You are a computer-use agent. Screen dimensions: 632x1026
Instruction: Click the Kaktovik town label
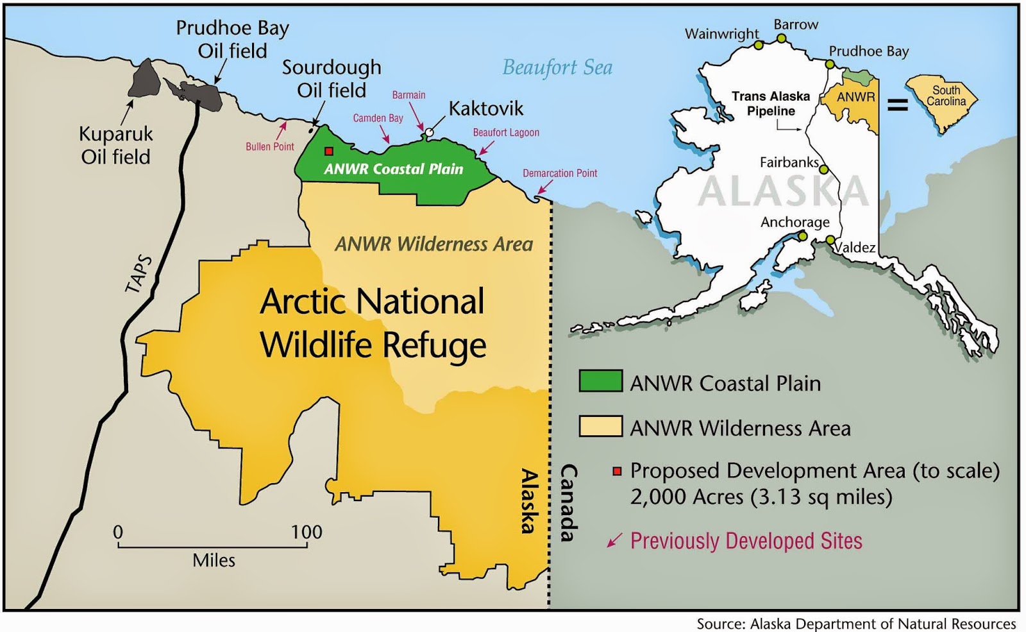[x=485, y=108]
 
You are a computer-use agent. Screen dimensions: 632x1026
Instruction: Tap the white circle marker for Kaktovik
[x=429, y=133]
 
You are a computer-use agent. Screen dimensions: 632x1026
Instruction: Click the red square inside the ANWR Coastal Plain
[x=329, y=151]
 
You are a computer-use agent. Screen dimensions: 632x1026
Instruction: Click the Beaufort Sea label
[x=557, y=67]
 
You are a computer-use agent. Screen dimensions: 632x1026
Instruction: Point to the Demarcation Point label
[x=559, y=173]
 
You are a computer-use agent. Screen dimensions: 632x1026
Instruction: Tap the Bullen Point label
[x=269, y=147]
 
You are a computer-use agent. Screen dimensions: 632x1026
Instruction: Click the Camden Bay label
[x=378, y=118]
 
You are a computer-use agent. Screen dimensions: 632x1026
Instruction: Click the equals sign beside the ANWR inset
[x=897, y=103]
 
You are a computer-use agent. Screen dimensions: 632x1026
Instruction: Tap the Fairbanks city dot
[x=823, y=170]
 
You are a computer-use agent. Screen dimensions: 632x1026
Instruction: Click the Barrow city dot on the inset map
[x=781, y=38]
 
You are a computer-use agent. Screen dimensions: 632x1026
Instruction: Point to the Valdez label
[x=855, y=248]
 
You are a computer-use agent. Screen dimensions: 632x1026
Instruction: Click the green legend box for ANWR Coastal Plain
[x=600, y=381]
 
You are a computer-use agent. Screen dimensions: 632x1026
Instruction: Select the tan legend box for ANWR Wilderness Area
[x=600, y=426]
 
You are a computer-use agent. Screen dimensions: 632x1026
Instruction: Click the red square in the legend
[x=617, y=472]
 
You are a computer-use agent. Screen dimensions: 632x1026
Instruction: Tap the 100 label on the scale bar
[x=307, y=532]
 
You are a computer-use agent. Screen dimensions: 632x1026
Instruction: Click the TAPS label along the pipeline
[x=139, y=274]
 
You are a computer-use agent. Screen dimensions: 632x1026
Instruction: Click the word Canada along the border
[x=569, y=503]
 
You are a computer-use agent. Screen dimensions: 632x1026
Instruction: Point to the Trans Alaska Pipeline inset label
[x=771, y=103]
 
